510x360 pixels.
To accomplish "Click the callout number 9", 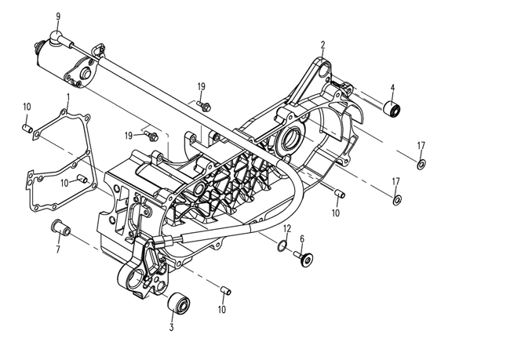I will point(57,16).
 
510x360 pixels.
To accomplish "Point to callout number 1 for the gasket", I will point(68,97).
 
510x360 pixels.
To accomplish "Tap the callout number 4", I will point(392,87).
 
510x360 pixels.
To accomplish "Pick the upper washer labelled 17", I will point(421,165).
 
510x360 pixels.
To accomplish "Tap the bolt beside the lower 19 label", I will point(155,136).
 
